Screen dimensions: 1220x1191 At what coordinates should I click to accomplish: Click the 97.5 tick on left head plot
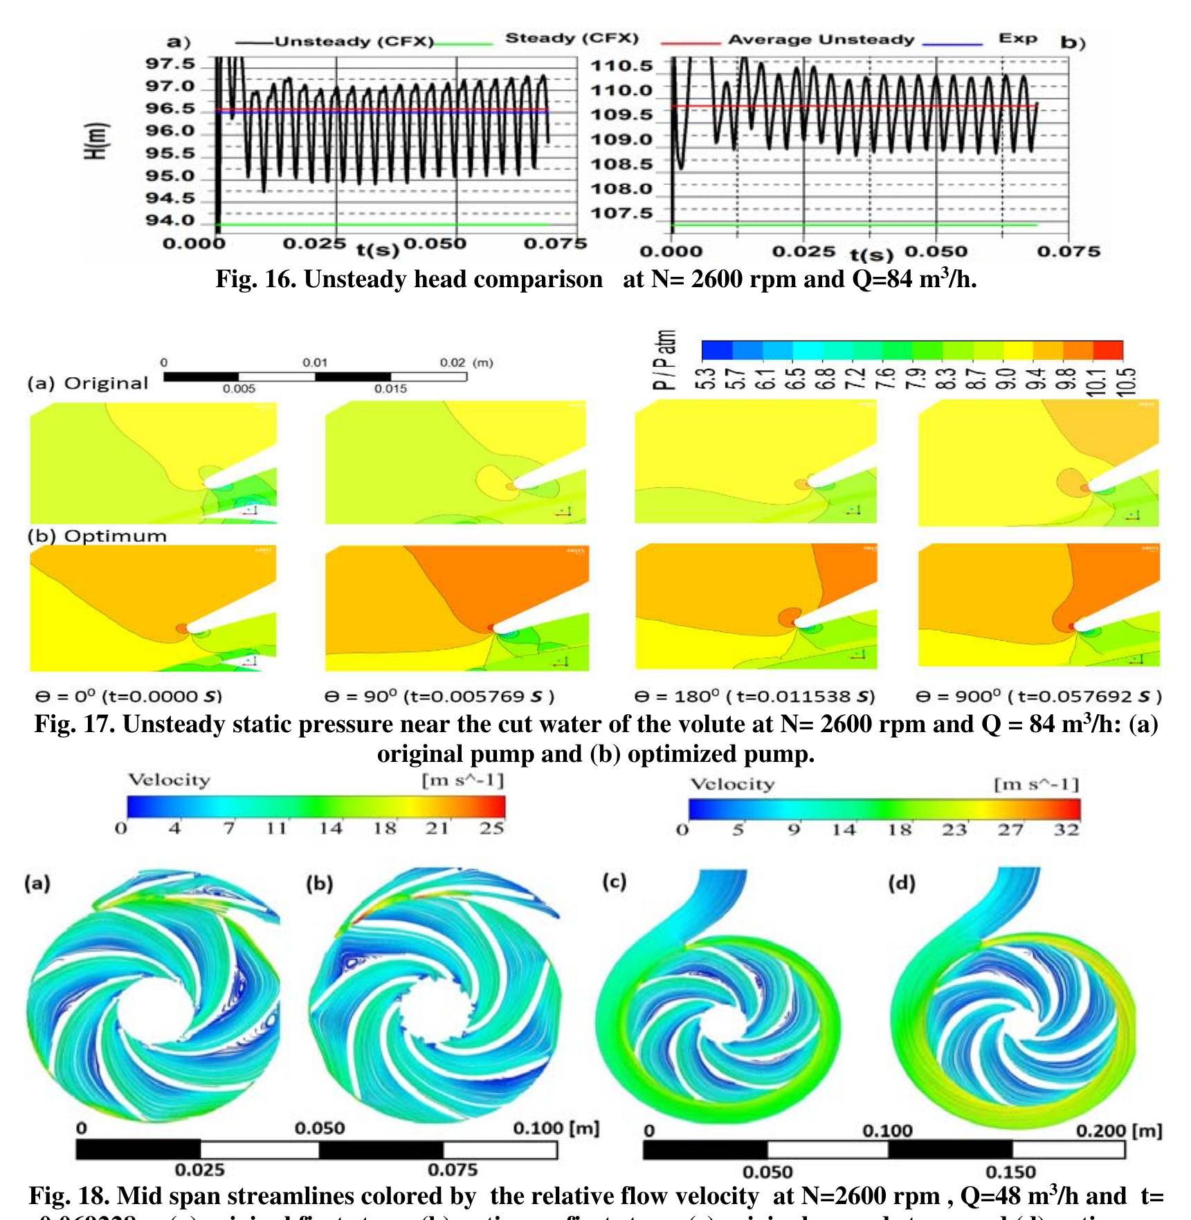click(x=170, y=64)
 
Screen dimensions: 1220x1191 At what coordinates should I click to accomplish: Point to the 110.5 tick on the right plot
click(x=621, y=66)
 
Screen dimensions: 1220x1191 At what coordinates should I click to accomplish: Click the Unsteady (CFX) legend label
click(x=354, y=42)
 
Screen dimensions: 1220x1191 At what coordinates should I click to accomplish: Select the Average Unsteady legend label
click(x=821, y=39)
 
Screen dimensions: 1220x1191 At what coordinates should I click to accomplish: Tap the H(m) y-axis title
click(x=97, y=140)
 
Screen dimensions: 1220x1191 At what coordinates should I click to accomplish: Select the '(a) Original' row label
click(x=88, y=384)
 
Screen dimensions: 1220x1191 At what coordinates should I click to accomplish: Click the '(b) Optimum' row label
click(x=97, y=536)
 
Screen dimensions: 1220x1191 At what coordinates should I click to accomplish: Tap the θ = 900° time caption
click(x=1038, y=696)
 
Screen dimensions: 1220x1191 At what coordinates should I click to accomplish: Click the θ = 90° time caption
click(x=439, y=696)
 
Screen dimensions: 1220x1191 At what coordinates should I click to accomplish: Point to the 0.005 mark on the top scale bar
click(x=239, y=390)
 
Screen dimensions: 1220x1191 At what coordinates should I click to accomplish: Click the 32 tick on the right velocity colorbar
click(x=1066, y=830)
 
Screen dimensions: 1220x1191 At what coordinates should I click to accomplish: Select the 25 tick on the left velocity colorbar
click(x=491, y=828)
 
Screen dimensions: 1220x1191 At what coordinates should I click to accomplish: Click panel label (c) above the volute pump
click(x=614, y=882)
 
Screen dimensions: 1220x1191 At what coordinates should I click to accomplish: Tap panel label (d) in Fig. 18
click(x=901, y=883)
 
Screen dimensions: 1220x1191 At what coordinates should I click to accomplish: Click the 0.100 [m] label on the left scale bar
click(x=555, y=1128)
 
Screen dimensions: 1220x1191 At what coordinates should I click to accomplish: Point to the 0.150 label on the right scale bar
click(x=1010, y=1172)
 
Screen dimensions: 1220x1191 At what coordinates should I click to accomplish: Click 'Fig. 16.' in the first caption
click(x=255, y=280)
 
